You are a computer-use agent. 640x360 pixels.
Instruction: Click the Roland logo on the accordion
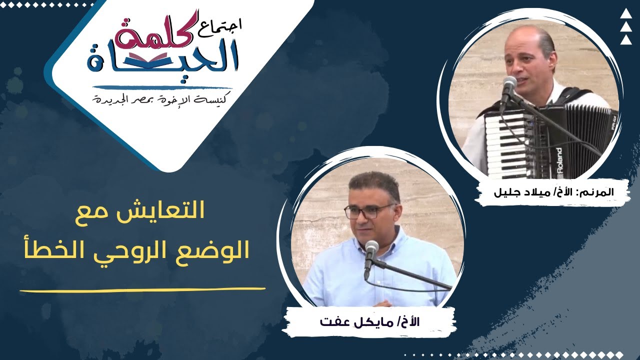tap(559, 162)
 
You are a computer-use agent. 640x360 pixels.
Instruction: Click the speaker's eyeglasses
tap(369, 210)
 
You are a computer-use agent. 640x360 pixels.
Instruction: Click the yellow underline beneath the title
tap(142, 289)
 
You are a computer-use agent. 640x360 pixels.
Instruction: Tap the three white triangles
tap(626, 27)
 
